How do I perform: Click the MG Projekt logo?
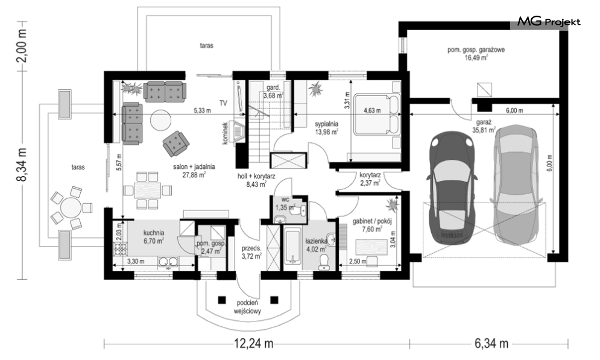pyautogui.click(x=549, y=22)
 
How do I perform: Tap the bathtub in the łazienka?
pyautogui.click(x=293, y=247)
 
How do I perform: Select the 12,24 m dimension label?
pyautogui.click(x=254, y=344)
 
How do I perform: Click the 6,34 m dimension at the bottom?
pyautogui.click(x=491, y=344)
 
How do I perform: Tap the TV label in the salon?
pyautogui.click(x=224, y=103)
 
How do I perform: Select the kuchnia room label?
pyautogui.click(x=154, y=232)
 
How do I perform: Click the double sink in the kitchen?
pyautogui.click(x=168, y=262)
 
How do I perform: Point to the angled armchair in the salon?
pyautogui.click(x=175, y=144)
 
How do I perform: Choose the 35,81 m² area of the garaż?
pyautogui.click(x=484, y=130)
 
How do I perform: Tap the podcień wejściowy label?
pyautogui.click(x=248, y=307)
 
